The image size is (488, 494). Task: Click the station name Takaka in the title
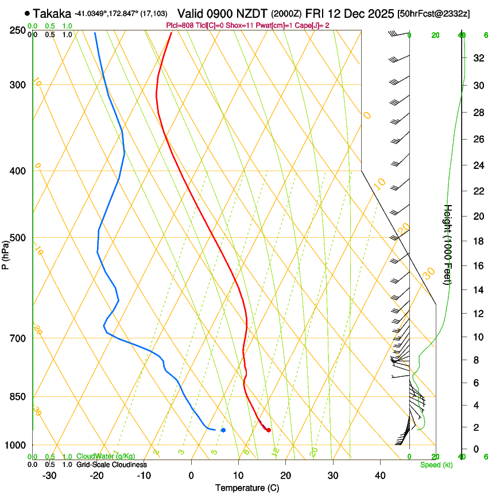pos(52,13)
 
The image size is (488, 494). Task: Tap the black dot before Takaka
pos(27,13)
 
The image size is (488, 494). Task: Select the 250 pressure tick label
pos(18,30)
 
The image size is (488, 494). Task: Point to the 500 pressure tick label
pos(18,238)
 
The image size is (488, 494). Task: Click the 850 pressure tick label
pos(18,397)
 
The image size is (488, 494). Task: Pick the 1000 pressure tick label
pos(16,445)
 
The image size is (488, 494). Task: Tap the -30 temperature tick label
pos(49,475)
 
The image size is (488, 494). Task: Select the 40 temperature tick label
pos(379,475)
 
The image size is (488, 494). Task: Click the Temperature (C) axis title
pos(247,488)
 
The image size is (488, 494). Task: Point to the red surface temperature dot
pos(269,430)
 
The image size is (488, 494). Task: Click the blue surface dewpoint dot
pos(223,430)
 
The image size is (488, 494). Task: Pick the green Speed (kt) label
pos(436,465)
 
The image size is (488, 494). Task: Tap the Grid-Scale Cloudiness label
pos(111,465)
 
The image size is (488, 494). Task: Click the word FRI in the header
pos(317,13)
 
